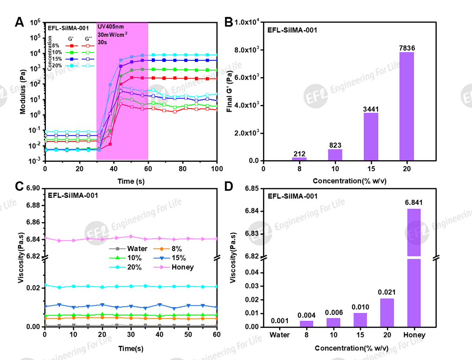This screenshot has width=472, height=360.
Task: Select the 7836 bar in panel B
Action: [x=406, y=106]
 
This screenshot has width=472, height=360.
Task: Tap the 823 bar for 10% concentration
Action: [x=334, y=155]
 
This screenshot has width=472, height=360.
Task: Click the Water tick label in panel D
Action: [x=280, y=335]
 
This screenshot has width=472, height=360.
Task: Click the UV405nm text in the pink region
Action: [x=111, y=27]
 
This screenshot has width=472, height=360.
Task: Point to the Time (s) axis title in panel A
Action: [x=131, y=180]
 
